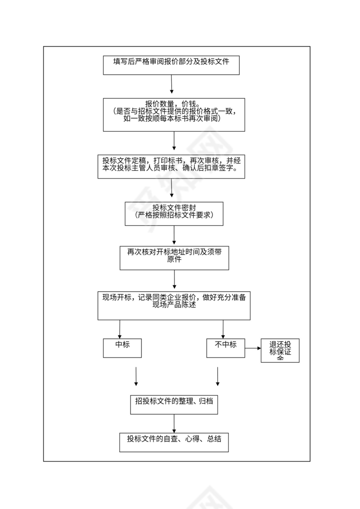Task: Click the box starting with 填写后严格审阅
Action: pyautogui.click(x=171, y=65)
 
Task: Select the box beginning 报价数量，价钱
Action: pyautogui.click(x=174, y=114)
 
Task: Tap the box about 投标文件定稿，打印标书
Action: pyautogui.click(x=171, y=166)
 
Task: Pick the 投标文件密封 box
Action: pyautogui.click(x=174, y=213)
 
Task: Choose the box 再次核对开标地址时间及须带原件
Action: pyautogui.click(x=174, y=258)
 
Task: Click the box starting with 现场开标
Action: pyautogui.click(x=174, y=306)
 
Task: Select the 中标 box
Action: pyautogui.click(x=122, y=348)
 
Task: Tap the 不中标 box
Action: pyautogui.click(x=226, y=348)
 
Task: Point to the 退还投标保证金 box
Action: pyautogui.click(x=280, y=351)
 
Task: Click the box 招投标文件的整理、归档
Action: pyautogui.click(x=174, y=404)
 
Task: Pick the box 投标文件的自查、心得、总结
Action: pyautogui.click(x=174, y=441)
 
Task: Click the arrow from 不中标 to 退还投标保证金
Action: pyautogui.click(x=253, y=348)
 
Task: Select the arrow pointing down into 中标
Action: pyautogui.click(x=120, y=330)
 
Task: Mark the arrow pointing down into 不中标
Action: pyautogui.click(x=223, y=330)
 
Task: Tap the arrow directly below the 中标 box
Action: pyautogui.click(x=136, y=376)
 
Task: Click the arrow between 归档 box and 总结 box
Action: pyautogui.click(x=174, y=423)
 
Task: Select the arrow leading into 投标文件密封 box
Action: pyautogui.click(x=174, y=190)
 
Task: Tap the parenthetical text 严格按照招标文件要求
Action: pyautogui.click(x=174, y=215)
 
